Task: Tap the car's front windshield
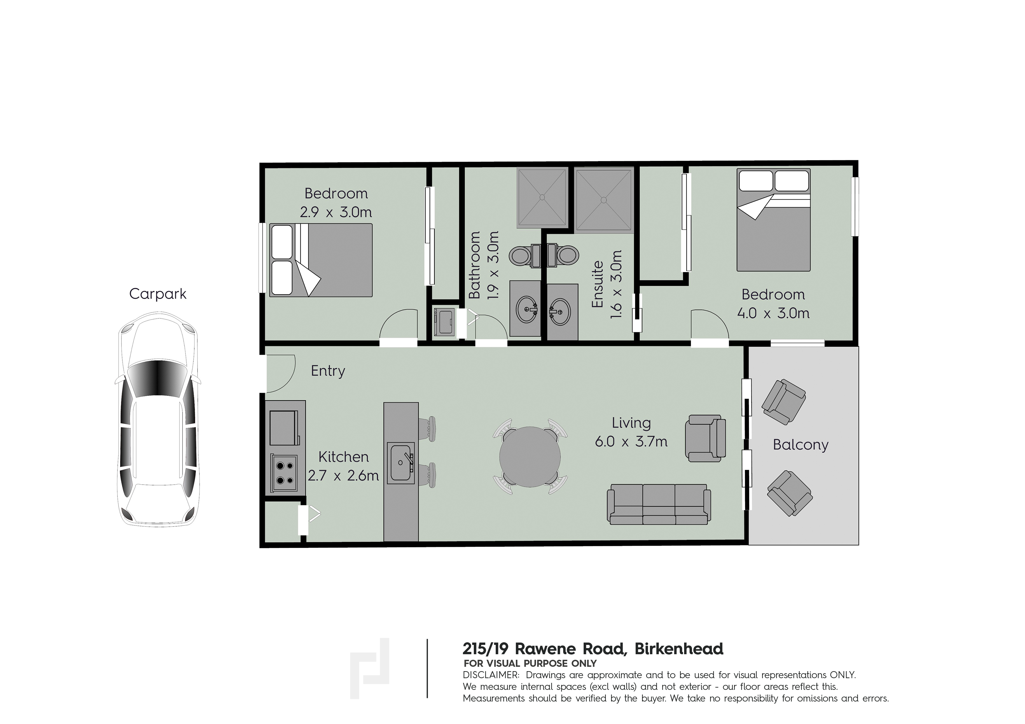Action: tap(157, 378)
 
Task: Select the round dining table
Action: tap(530, 457)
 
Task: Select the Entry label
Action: tap(328, 371)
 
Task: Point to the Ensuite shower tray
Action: tap(604, 201)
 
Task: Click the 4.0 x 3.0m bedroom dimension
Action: tap(773, 313)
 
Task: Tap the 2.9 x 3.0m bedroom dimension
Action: tap(336, 212)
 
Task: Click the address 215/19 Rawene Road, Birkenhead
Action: tap(593, 649)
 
